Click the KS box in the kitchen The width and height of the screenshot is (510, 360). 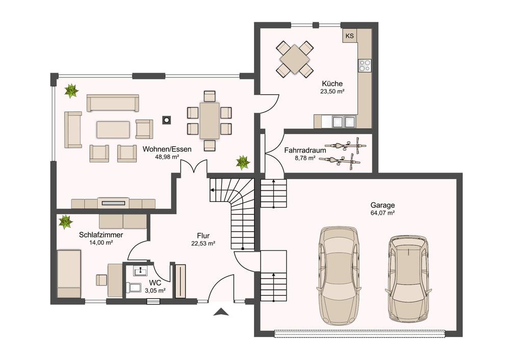point(350,36)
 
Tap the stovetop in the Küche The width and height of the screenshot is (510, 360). point(365,65)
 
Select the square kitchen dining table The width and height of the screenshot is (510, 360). point(295,59)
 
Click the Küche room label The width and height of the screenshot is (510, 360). point(332,84)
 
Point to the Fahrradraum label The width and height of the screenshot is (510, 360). point(305,150)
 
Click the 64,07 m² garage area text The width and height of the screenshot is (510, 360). point(382,213)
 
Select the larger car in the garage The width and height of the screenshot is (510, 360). point(339,275)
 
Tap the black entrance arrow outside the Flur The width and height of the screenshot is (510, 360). point(221,312)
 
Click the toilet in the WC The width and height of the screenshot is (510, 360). point(133,288)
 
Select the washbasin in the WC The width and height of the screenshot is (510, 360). point(140,271)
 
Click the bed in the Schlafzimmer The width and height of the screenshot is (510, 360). point(69,273)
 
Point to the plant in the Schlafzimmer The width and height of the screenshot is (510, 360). point(65,221)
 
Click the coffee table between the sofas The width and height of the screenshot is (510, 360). point(113,130)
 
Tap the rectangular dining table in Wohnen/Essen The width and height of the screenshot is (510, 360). point(210,120)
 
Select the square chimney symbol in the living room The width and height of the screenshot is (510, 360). point(167,120)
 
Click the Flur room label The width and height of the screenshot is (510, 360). point(203,236)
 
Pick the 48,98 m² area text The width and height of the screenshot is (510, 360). point(167,157)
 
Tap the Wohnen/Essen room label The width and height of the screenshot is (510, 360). point(167,149)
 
